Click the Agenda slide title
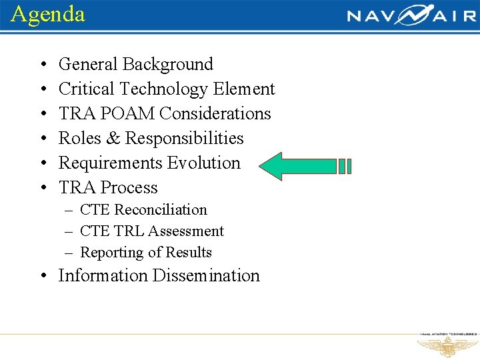click(x=48, y=14)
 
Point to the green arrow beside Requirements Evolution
click(x=303, y=166)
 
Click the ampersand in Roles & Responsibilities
click(x=113, y=139)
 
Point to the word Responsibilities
click(x=185, y=139)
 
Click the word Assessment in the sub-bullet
click(x=186, y=231)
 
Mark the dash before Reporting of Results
click(x=69, y=253)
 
